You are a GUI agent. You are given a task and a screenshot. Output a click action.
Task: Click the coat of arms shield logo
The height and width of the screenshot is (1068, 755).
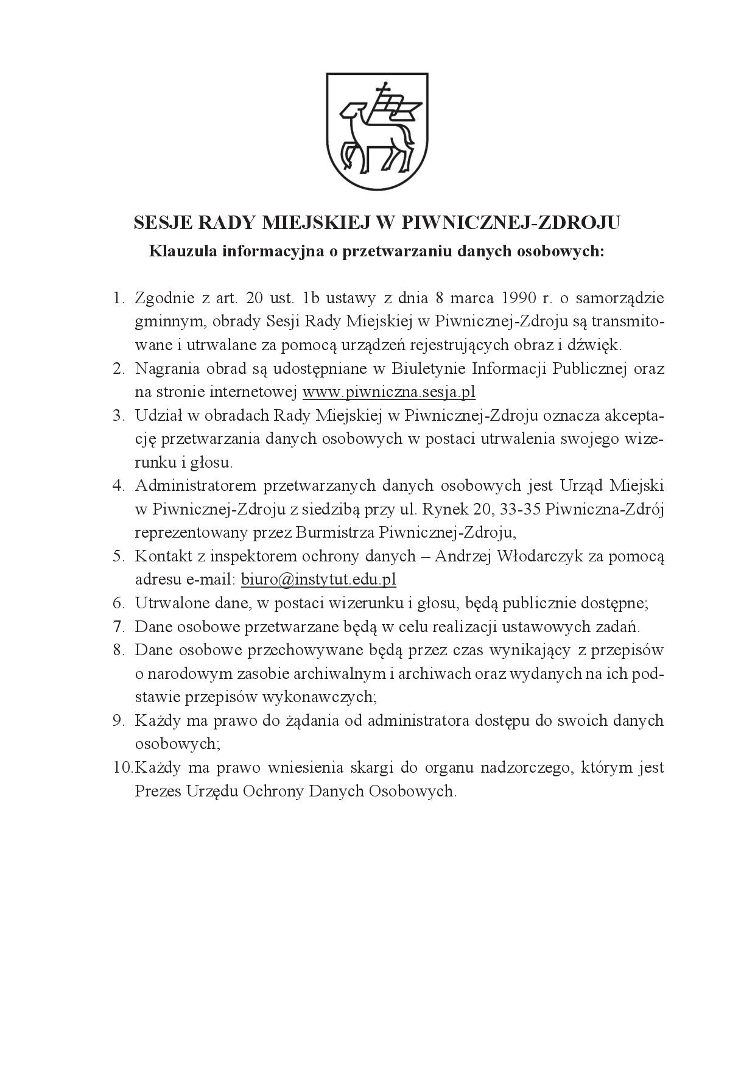click(x=377, y=130)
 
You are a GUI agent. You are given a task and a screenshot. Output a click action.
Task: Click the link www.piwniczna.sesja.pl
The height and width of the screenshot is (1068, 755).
click(x=388, y=392)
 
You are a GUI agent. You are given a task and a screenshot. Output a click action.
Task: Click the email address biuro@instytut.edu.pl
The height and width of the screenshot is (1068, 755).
click(x=318, y=579)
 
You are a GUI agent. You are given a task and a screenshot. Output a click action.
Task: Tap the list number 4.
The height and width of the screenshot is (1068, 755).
click(x=118, y=485)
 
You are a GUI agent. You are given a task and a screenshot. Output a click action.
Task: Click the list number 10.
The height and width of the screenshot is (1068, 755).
click(x=122, y=767)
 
